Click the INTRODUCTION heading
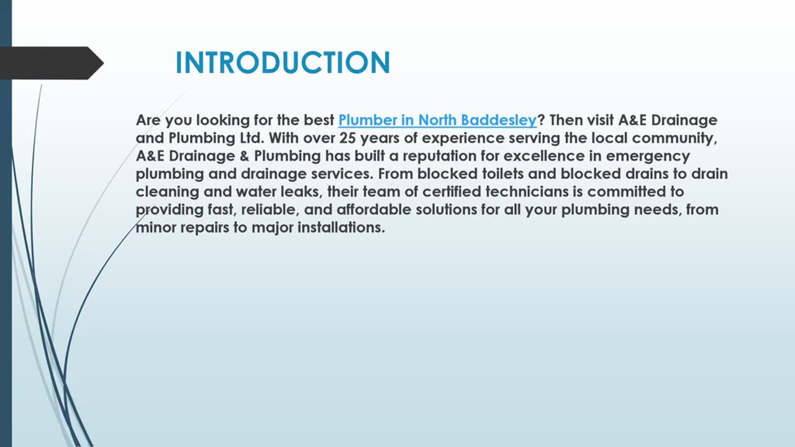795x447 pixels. click(x=283, y=63)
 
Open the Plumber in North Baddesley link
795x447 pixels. click(x=437, y=120)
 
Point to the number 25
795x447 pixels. click(x=348, y=138)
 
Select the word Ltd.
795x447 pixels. click(x=252, y=138)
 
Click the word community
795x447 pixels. click(x=674, y=138)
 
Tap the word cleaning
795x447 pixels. click(x=167, y=192)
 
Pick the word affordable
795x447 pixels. click(x=374, y=210)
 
